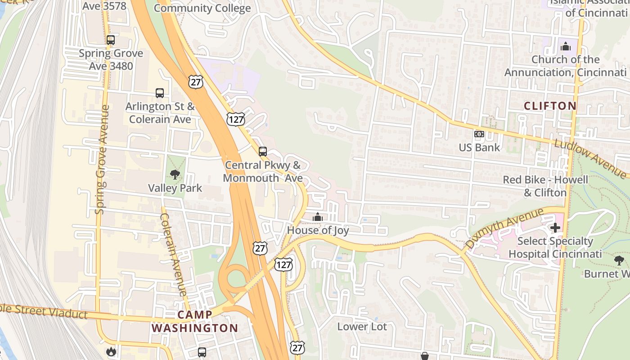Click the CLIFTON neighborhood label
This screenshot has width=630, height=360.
550,106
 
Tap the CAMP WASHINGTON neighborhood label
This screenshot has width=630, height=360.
194,321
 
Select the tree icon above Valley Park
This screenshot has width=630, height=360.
175,175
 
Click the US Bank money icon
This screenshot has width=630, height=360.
479,134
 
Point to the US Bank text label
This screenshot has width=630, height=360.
479,148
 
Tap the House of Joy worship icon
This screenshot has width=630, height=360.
318,217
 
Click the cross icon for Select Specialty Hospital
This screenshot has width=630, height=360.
555,228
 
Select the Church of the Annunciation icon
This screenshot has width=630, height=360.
565,46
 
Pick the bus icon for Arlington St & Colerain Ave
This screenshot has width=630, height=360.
160,93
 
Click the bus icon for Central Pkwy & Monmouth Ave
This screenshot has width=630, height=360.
263,152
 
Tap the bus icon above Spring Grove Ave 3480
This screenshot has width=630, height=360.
111,40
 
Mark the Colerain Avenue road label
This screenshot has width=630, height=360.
173,255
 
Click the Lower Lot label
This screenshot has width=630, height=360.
362,327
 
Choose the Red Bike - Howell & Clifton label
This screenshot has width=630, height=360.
545,186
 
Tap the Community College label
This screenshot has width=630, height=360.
202,8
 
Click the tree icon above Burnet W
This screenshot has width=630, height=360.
619,260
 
